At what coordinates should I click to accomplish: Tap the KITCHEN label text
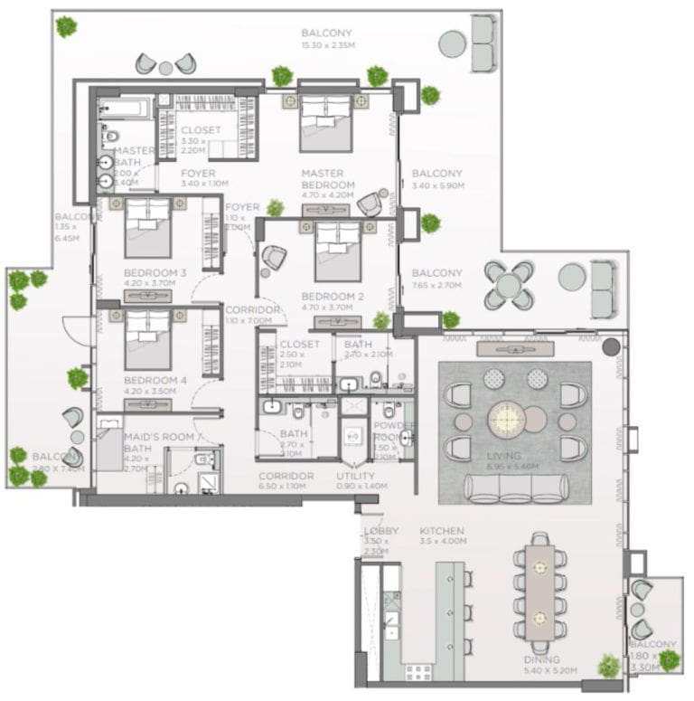[442, 531]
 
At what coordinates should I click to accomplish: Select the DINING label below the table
[540, 659]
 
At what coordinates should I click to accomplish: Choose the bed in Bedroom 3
[147, 227]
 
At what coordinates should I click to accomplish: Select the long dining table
[540, 593]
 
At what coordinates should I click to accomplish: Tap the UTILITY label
[356, 476]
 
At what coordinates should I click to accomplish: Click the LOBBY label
[375, 532]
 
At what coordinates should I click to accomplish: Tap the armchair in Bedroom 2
[274, 258]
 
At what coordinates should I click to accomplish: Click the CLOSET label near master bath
[201, 130]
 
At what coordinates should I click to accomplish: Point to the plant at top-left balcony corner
[66, 26]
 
